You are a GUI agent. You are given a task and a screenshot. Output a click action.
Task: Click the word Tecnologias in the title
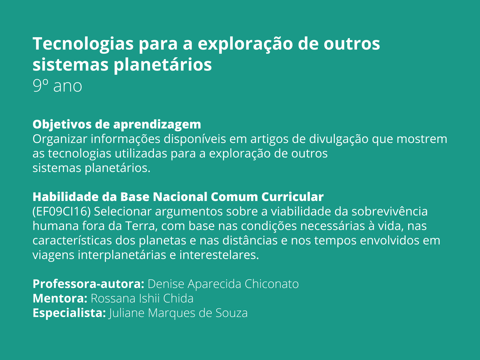(x=83, y=44)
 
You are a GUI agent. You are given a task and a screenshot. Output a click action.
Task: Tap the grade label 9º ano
(x=57, y=86)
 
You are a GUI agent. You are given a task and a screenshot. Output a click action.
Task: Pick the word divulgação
(x=339, y=139)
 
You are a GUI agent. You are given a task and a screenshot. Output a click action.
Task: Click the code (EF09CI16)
(x=61, y=211)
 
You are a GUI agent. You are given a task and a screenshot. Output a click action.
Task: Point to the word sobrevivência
(x=389, y=211)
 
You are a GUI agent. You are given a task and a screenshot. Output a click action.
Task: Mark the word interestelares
(x=219, y=255)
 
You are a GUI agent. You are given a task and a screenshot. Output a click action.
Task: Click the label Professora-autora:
(x=88, y=284)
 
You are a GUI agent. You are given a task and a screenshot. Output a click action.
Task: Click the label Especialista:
(x=69, y=313)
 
